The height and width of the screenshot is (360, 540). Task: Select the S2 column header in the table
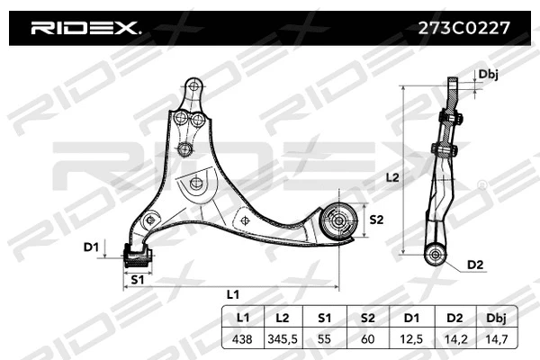[x=368, y=318]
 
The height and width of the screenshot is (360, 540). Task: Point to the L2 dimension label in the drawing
[x=391, y=178]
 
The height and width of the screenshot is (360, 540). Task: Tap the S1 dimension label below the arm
[x=138, y=280]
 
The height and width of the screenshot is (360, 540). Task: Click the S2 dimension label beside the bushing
[x=376, y=220]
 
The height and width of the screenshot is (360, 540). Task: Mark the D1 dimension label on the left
[x=90, y=247]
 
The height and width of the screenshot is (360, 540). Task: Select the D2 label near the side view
[x=476, y=265]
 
